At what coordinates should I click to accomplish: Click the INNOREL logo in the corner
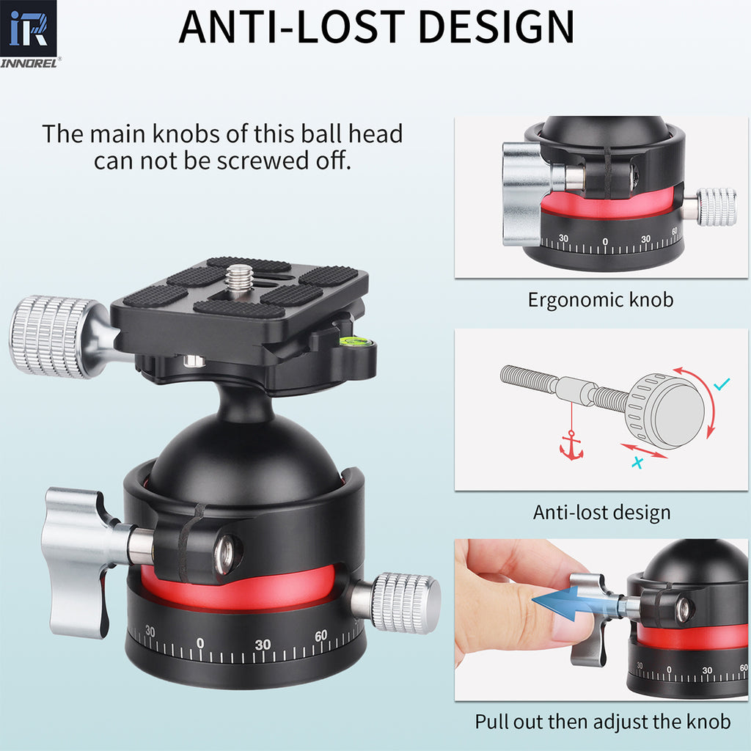[30, 34]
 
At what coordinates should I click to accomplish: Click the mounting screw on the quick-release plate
[239, 279]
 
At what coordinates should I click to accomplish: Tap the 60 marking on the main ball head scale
[320, 636]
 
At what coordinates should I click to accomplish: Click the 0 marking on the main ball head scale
[200, 644]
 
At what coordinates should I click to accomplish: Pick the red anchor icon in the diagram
[571, 447]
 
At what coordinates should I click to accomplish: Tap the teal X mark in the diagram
[638, 462]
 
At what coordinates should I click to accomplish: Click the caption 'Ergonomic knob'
[600, 300]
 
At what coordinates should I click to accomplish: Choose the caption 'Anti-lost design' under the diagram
[601, 512]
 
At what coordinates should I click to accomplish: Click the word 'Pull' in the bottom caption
[494, 722]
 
